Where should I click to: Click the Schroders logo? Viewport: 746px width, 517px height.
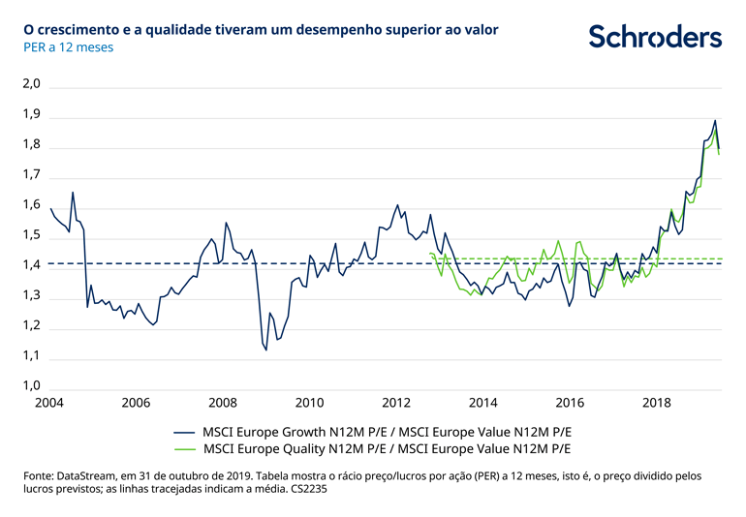pos(656,37)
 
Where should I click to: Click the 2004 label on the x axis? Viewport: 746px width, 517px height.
pos(49,402)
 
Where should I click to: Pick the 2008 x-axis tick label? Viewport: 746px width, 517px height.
pos(223,402)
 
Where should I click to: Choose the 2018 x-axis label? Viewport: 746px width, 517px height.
pos(658,402)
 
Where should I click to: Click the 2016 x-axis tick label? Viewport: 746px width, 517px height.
pos(571,402)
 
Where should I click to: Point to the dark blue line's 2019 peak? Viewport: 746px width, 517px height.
pos(715,121)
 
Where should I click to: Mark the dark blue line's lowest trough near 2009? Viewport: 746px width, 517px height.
pos(266,350)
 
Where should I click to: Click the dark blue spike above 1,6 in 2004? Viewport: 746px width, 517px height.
pos(73,193)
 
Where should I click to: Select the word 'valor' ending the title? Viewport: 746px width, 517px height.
pos(480,30)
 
